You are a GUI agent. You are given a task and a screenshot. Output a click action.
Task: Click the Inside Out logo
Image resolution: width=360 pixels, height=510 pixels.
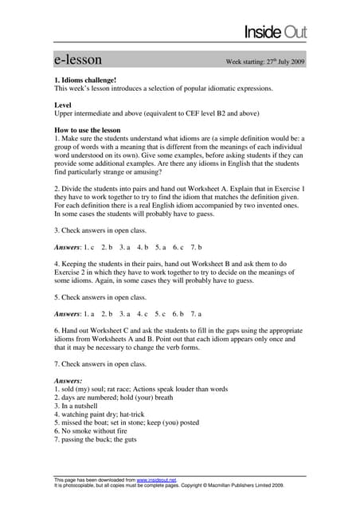coord(275,32)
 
